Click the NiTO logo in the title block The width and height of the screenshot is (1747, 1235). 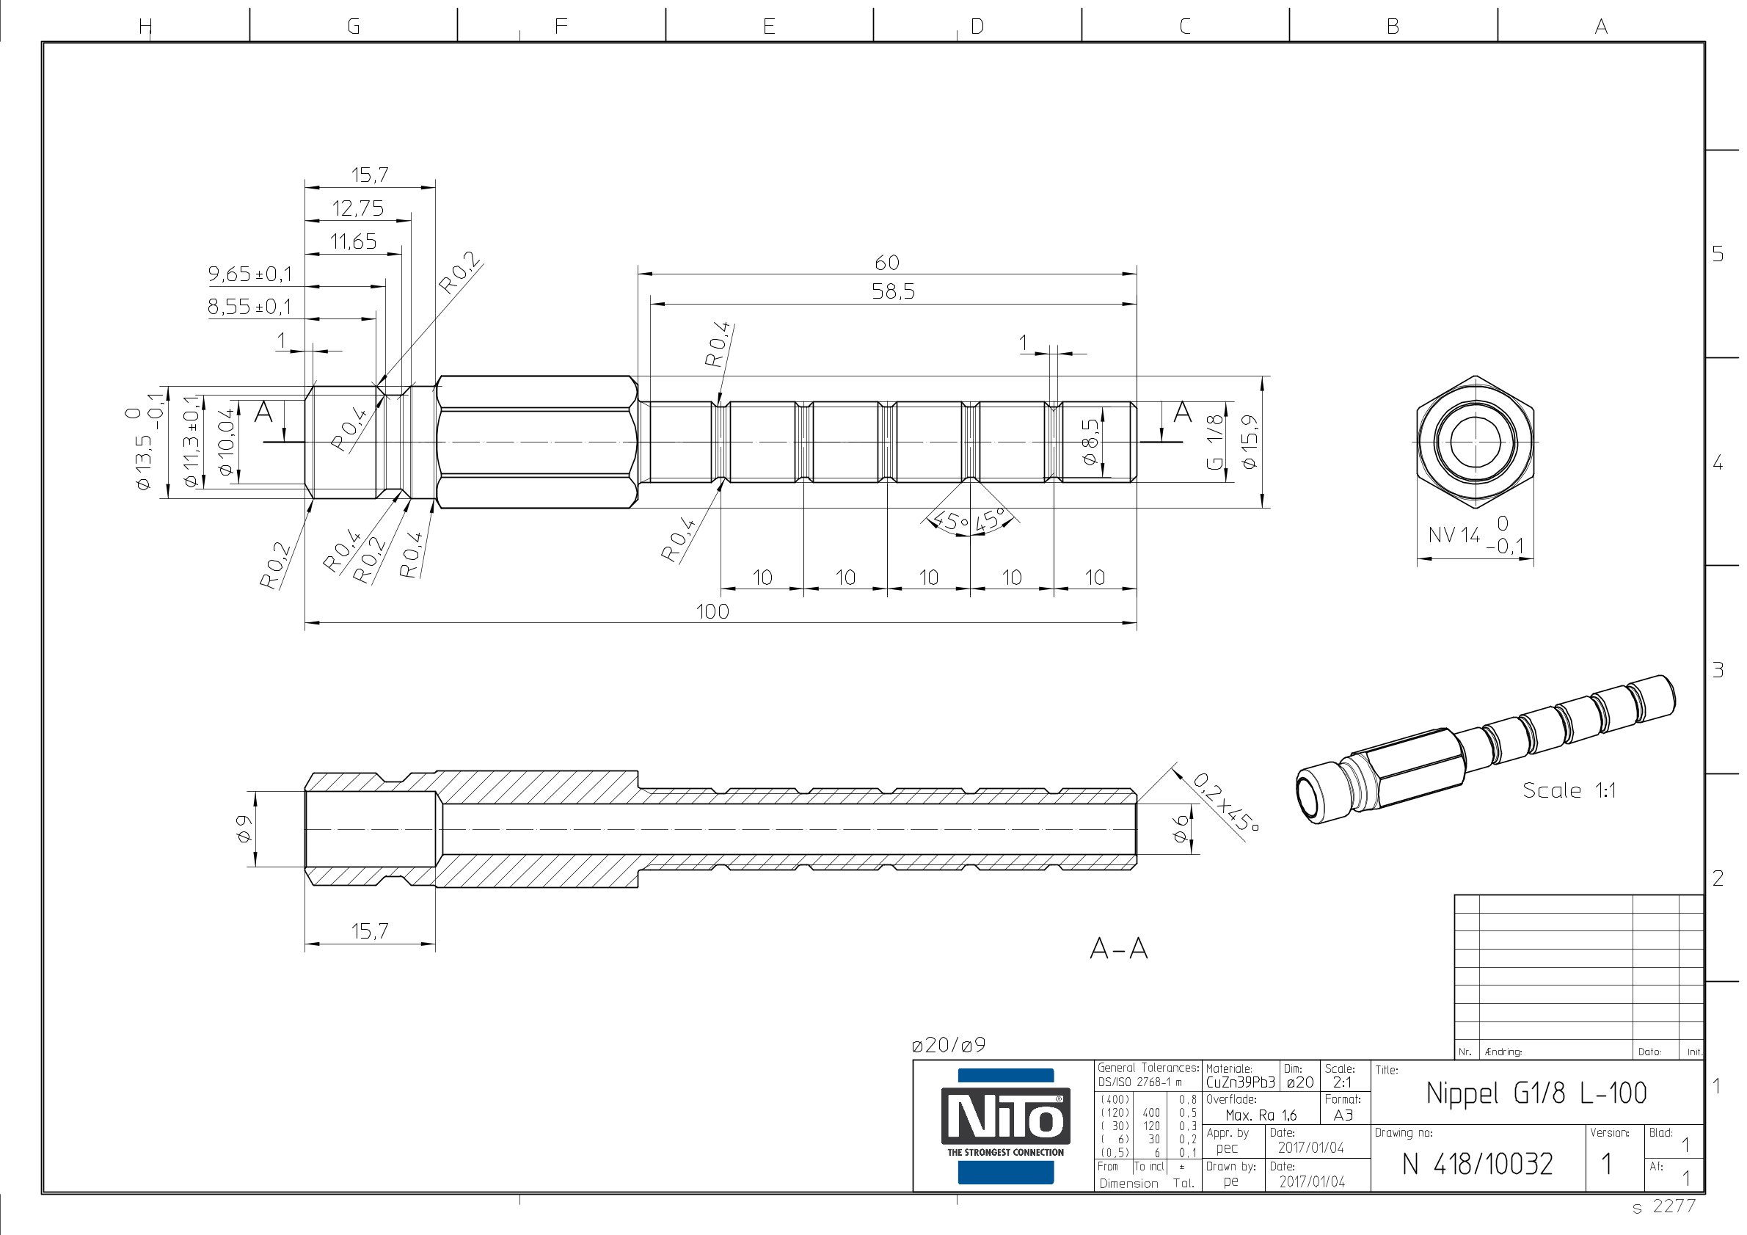click(x=1005, y=1126)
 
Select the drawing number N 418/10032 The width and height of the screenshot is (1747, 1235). click(x=1477, y=1164)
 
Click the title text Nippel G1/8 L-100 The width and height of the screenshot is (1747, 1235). click(x=1536, y=1093)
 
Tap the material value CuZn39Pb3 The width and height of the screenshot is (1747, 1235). click(x=1239, y=1082)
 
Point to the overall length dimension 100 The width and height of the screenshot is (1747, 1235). click(x=712, y=611)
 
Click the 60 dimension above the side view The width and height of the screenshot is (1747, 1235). click(x=886, y=263)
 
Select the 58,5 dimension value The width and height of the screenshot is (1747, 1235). click(x=893, y=291)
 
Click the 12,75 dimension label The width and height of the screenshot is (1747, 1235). click(x=357, y=208)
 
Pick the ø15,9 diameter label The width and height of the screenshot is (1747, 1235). click(x=1250, y=441)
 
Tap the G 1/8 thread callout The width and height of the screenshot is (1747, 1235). click(x=1215, y=441)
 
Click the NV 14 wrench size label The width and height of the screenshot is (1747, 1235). click(x=1454, y=535)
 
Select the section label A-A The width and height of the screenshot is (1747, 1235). click(x=1118, y=948)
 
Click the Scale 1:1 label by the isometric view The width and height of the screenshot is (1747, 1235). click(x=1569, y=790)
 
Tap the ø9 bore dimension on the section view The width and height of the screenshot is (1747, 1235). click(x=244, y=828)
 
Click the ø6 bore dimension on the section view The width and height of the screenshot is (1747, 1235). click(x=1180, y=828)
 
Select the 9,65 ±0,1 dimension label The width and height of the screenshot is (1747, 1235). click(x=250, y=274)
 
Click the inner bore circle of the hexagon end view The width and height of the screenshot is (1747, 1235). click(x=1475, y=441)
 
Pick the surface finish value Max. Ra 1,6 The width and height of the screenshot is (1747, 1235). click(x=1261, y=1115)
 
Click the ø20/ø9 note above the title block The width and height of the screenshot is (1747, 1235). click(x=948, y=1046)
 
